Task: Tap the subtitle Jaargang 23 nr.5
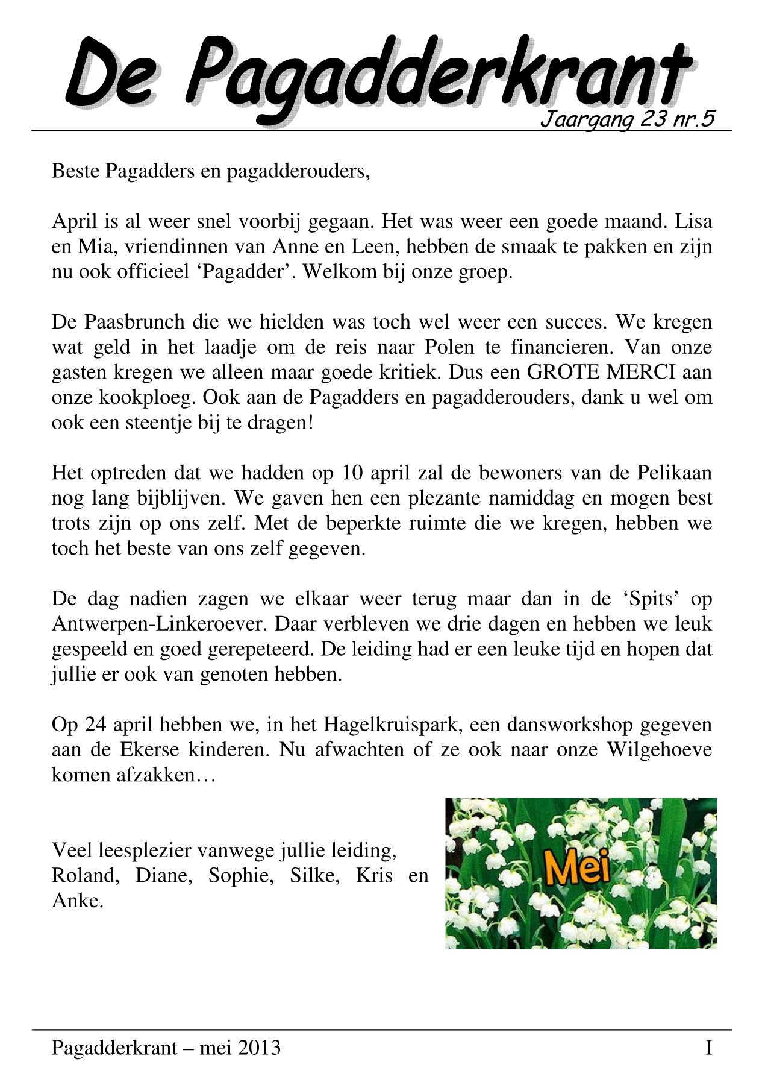point(627,119)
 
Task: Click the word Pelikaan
point(675,473)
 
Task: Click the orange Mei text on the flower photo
point(578,869)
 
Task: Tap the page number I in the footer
point(709,1048)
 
